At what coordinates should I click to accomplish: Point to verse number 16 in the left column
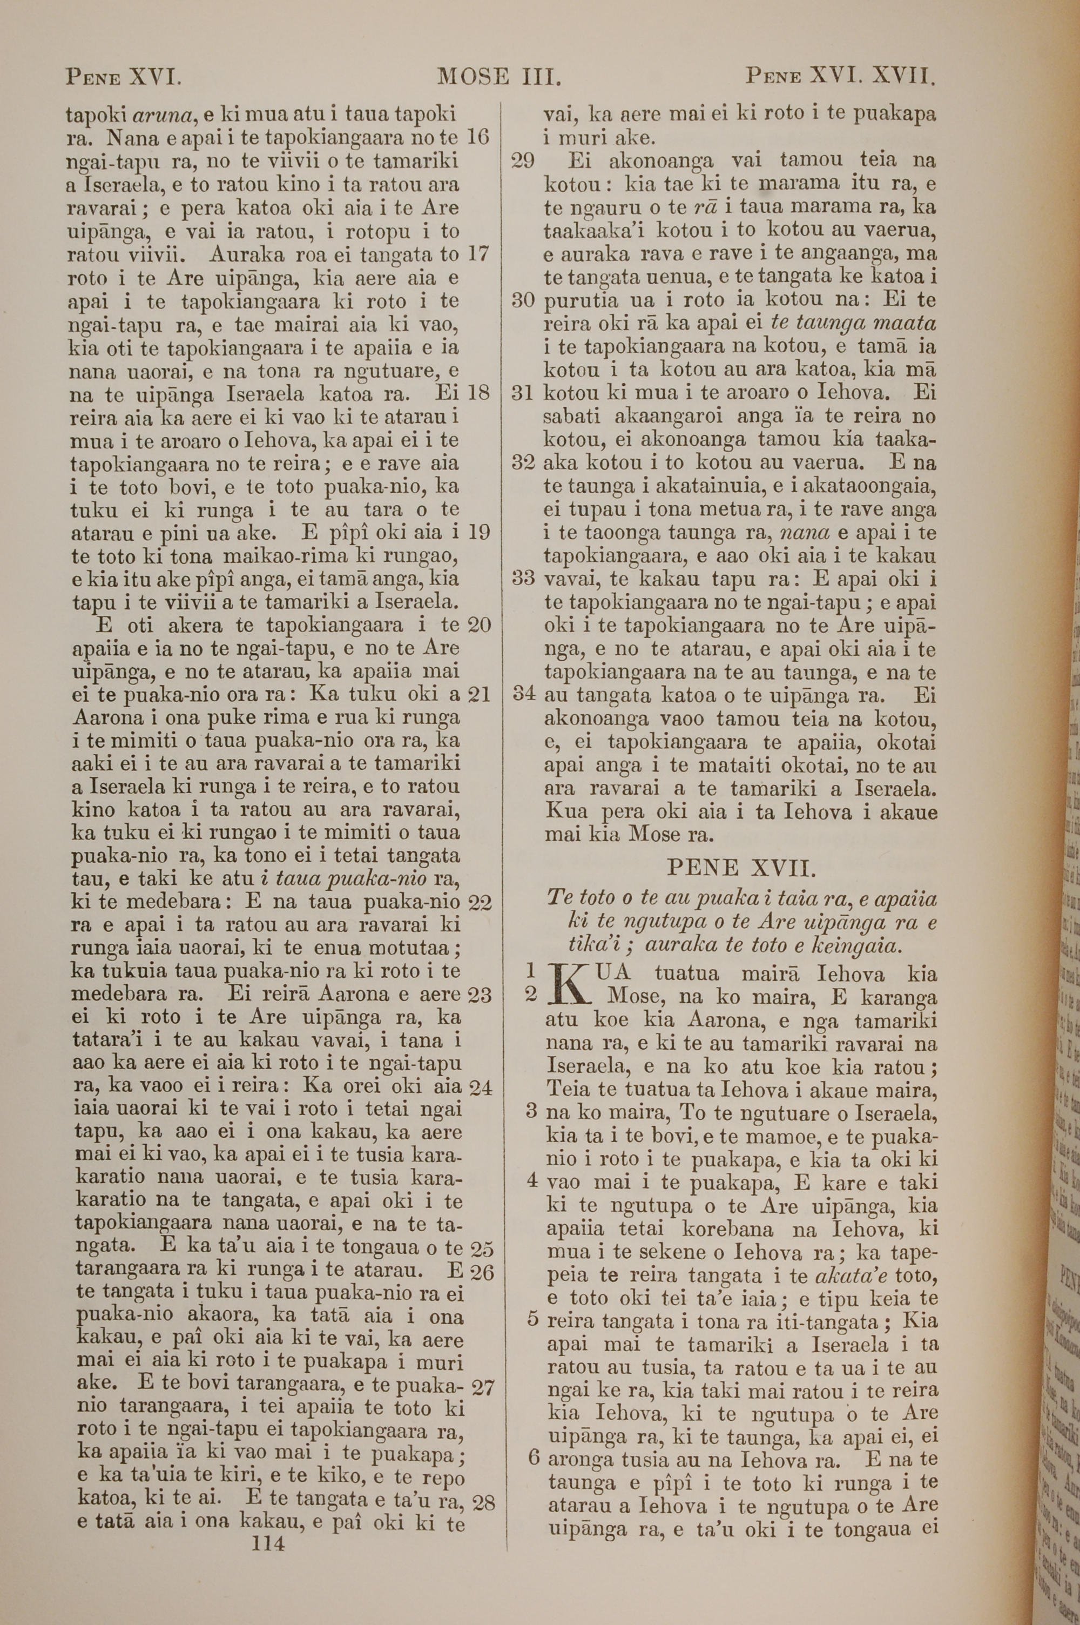(478, 137)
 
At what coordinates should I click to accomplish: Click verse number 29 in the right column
(523, 161)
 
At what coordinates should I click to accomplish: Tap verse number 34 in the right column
(523, 694)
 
